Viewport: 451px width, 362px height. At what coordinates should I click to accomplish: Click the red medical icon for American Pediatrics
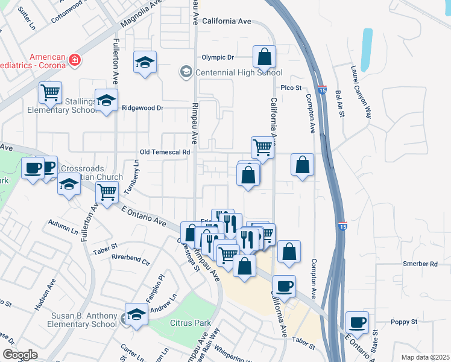click(74, 59)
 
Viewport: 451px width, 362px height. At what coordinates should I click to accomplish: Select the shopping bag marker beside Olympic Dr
click(264, 58)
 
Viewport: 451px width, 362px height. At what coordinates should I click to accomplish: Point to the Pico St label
click(290, 87)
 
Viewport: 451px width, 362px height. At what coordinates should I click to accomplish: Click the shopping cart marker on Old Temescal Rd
click(262, 147)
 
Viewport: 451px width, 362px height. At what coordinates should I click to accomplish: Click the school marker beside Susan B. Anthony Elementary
click(137, 314)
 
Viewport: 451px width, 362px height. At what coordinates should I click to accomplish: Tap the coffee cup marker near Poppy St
click(358, 322)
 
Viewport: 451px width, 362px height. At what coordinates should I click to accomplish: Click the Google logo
click(20, 355)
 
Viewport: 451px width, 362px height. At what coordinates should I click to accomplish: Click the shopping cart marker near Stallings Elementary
click(51, 93)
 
